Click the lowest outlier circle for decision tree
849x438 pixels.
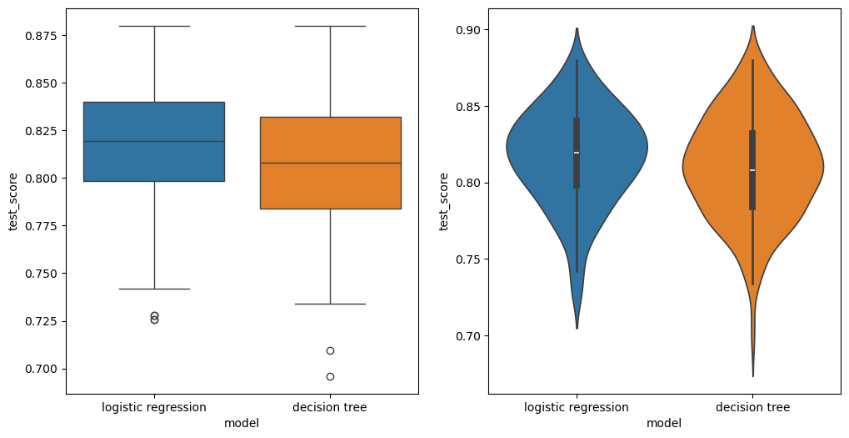tap(330, 376)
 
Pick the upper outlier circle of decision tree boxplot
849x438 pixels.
tap(330, 350)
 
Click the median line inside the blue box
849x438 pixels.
tap(154, 142)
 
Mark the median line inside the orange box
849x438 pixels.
tap(330, 163)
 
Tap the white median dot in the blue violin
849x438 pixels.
tap(577, 153)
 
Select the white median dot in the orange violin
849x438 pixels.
tap(752, 170)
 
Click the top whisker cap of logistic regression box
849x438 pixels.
tap(154, 26)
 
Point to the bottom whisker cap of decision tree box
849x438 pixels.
tap(330, 304)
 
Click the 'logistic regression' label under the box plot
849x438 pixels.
tap(154, 407)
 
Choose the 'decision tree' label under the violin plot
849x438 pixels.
tap(752, 407)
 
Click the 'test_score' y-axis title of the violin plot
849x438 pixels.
tap(444, 201)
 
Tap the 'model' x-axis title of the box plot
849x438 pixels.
tap(242, 423)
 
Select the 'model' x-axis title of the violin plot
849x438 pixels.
tap(664, 423)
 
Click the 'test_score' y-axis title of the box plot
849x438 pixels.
tap(13, 201)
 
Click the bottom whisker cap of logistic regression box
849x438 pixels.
tap(154, 289)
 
